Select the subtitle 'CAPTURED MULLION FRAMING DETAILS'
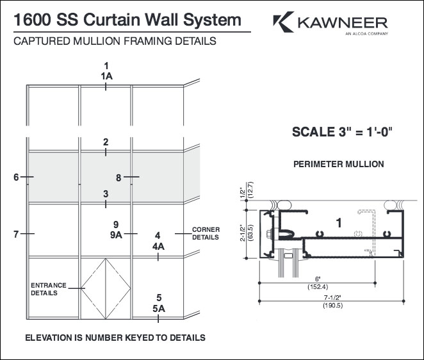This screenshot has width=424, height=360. (114, 42)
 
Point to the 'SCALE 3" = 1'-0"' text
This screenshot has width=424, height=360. (341, 133)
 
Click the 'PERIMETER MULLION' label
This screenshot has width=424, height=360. (338, 164)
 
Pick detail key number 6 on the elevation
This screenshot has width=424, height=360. (16, 177)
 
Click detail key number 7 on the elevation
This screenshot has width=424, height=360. (16, 234)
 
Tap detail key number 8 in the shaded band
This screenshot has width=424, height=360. (118, 177)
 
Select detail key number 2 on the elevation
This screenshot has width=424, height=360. (106, 142)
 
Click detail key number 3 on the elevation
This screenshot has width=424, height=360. (106, 193)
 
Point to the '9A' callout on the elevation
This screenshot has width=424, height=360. (115, 235)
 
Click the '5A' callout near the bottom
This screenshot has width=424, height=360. (158, 309)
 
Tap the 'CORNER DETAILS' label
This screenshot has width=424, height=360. (206, 233)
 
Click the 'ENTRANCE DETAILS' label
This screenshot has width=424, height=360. (44, 289)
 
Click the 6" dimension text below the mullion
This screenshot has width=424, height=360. (318, 280)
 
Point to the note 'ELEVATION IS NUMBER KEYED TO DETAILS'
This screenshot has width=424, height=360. (115, 337)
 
